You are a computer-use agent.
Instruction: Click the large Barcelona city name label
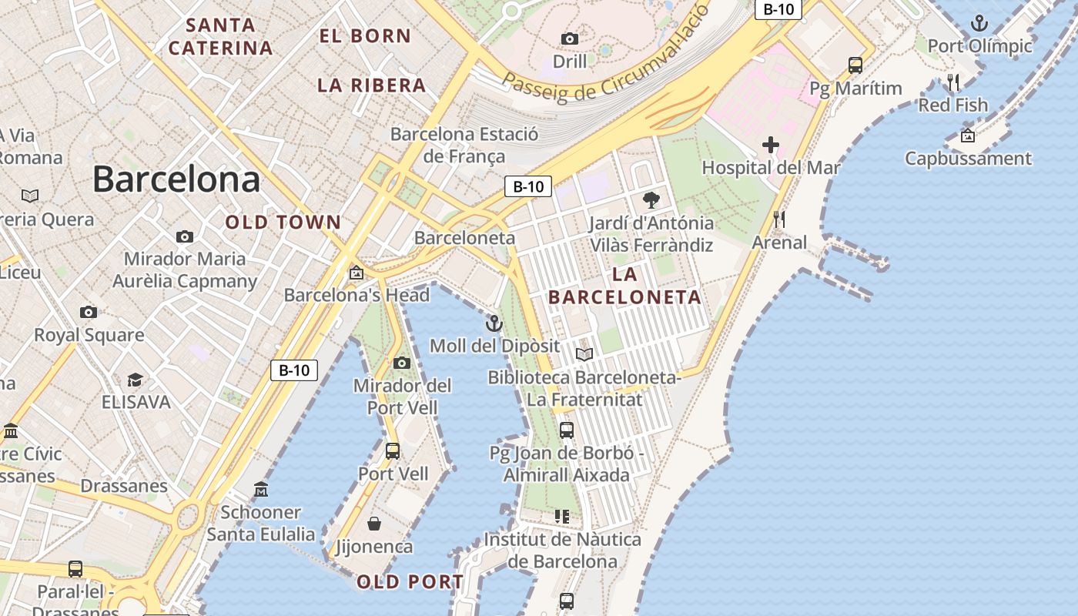[x=176, y=179]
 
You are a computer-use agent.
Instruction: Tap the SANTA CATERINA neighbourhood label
[x=221, y=36]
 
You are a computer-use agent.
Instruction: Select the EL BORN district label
[x=365, y=35]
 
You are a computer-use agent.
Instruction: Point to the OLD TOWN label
[x=283, y=223]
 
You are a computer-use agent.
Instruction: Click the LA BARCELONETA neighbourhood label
[x=624, y=286]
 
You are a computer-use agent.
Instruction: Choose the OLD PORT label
[x=410, y=582]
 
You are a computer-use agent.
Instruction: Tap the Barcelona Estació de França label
[x=464, y=145]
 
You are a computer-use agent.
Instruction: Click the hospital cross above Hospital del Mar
[x=771, y=144]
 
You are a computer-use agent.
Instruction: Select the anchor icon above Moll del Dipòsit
[x=494, y=323]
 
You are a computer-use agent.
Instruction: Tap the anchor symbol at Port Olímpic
[x=979, y=23]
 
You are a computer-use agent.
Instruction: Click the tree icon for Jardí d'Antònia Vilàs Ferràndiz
[x=651, y=200]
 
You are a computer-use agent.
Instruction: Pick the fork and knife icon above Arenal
[x=779, y=219]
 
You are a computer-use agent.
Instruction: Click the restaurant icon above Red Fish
[x=953, y=82]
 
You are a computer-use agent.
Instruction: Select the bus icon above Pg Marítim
[x=855, y=65]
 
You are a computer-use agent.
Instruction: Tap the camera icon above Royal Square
[x=89, y=312]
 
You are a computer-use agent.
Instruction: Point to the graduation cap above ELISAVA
[x=135, y=380]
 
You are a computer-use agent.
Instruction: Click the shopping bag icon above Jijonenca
[x=374, y=524]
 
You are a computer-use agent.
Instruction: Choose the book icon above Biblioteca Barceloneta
[x=584, y=354]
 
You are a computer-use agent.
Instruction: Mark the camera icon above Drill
[x=570, y=38]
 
